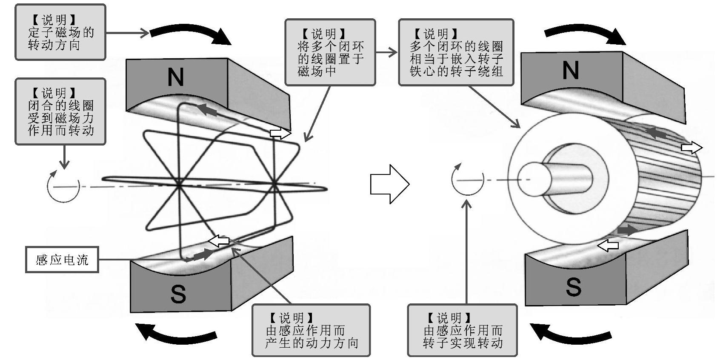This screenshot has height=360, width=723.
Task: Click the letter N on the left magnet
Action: coord(176,77)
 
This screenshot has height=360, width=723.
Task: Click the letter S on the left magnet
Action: coord(178,293)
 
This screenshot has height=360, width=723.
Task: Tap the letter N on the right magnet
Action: coord(570,70)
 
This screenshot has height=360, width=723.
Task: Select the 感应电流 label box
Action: coord(62,260)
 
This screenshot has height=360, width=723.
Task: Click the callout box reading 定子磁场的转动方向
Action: coord(60,32)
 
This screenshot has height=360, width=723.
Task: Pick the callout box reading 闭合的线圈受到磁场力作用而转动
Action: coord(60,111)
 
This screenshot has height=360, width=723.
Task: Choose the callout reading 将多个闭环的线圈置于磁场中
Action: coord(330,52)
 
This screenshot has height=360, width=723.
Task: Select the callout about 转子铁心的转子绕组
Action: coord(456,52)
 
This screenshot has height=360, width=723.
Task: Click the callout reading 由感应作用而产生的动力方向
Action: coord(311,330)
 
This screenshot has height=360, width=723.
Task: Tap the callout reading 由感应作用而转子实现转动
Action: coord(463,330)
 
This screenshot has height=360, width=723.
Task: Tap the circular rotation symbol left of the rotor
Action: coord(468,180)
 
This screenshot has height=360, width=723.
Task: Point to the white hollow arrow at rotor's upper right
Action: coord(692,148)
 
